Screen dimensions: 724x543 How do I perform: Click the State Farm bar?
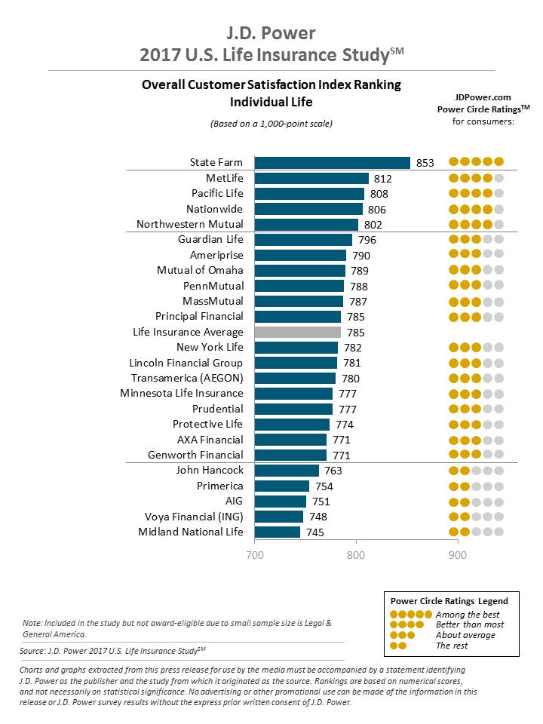(x=332, y=162)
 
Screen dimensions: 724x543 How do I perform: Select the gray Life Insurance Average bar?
(x=298, y=332)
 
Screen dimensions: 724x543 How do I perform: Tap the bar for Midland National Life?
(x=278, y=532)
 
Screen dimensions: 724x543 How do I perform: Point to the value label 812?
(x=384, y=179)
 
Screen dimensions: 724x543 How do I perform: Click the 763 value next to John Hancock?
(x=333, y=471)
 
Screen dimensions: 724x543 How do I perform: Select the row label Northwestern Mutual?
(x=190, y=224)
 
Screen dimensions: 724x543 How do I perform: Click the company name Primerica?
(x=220, y=486)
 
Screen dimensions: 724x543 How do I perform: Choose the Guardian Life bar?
(x=303, y=240)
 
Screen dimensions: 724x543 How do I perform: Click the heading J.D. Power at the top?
(x=271, y=33)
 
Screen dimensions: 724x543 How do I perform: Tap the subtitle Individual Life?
(x=271, y=102)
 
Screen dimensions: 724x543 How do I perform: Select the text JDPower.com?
(x=483, y=97)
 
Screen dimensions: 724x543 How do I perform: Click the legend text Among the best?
(x=468, y=615)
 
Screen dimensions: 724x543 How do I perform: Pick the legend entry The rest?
(x=452, y=646)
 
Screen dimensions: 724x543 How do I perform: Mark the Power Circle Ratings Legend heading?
(x=449, y=601)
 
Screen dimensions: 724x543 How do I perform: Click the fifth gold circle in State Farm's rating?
(x=499, y=161)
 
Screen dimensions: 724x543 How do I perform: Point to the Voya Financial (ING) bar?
(x=279, y=517)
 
